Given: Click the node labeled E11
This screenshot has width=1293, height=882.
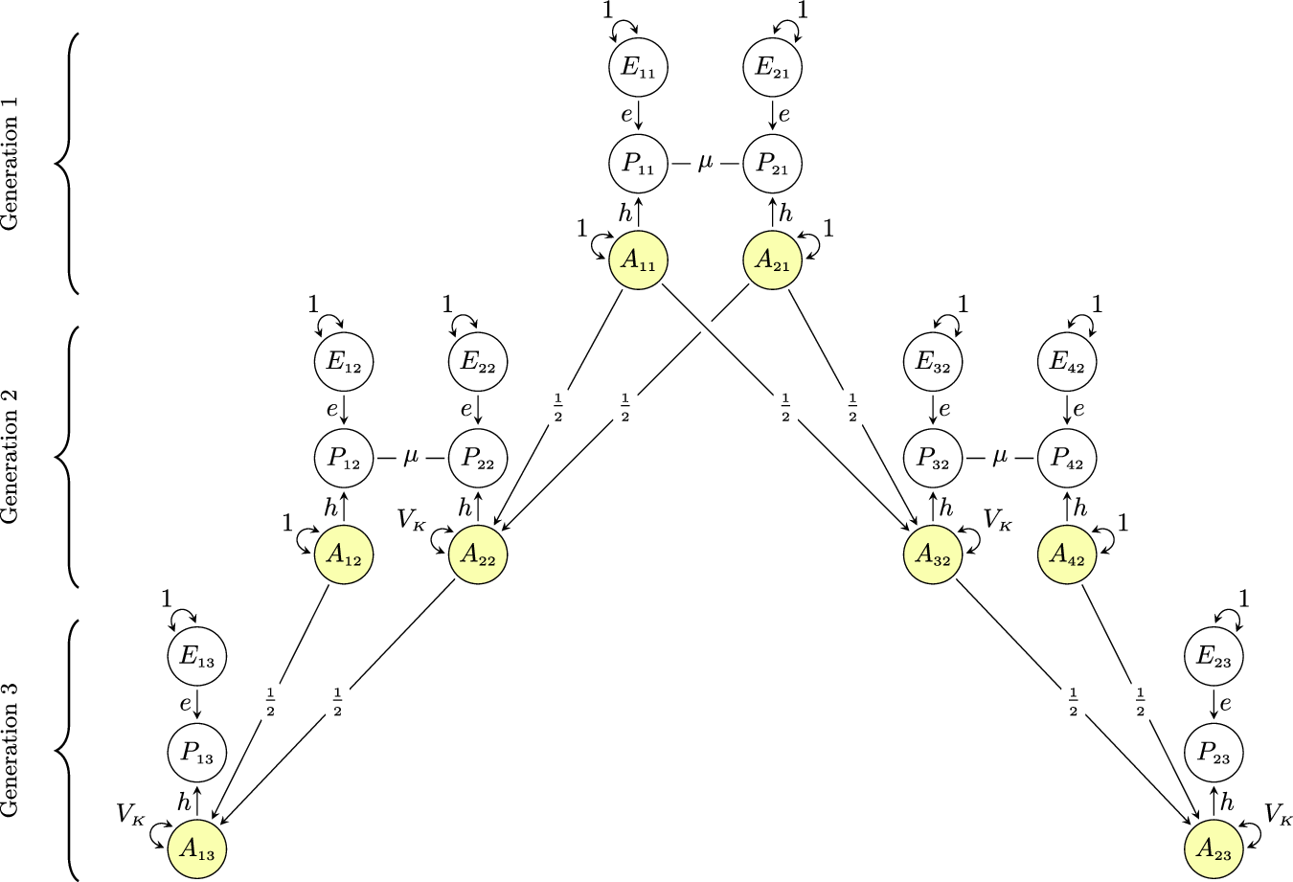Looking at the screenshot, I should point(638,68).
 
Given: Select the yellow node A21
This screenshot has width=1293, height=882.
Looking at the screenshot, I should point(772,260).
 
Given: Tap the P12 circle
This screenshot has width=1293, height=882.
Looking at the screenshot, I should point(343,458).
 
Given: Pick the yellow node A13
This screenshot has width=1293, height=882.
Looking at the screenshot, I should point(196,848).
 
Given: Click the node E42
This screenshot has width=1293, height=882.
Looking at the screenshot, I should point(1068,362).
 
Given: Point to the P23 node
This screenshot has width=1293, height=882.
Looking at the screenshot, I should point(1214,753).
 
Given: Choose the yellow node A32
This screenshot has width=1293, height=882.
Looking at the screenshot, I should point(934,554).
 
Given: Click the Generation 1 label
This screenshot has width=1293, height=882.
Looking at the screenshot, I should point(11,164).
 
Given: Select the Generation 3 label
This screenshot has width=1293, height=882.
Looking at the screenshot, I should point(11,750).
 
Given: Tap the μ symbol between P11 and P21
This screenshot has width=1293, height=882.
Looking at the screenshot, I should point(706,164).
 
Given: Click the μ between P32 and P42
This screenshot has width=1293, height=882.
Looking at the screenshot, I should point(1001,458).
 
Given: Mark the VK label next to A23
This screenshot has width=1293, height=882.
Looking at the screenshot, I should point(1279,815).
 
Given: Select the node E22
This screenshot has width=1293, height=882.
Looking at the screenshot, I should point(477,362).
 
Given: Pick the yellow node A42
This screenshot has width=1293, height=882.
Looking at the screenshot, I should point(1068,554).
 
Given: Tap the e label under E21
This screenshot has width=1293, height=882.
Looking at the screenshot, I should point(784,117).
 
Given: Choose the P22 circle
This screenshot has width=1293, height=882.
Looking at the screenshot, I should point(477,458).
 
